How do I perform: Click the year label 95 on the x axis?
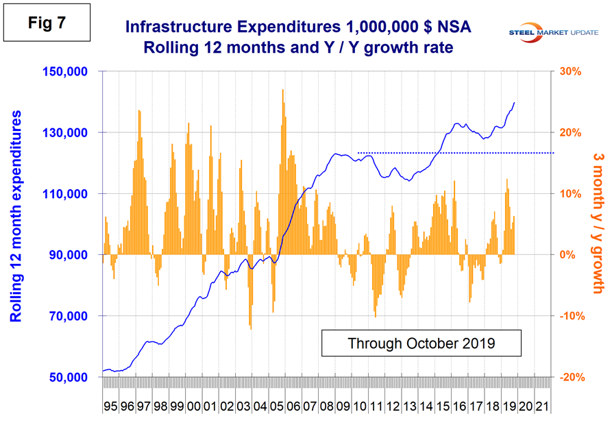(x=110, y=406)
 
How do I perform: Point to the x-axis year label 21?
(x=541, y=406)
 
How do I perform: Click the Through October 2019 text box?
(x=421, y=341)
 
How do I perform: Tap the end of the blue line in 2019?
(x=514, y=103)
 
